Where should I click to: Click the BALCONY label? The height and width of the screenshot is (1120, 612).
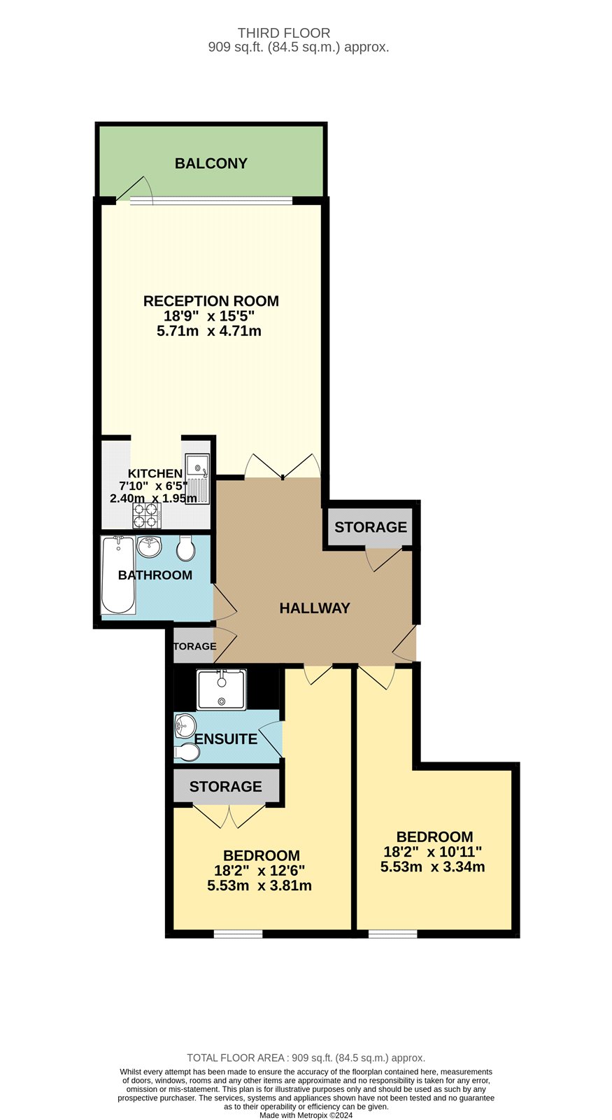coord(211,163)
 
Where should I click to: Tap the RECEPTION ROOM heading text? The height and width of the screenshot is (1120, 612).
coord(211,301)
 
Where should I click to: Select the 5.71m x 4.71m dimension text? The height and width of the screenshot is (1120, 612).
coord(209,331)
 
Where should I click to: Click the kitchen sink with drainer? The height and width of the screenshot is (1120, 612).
coord(199,479)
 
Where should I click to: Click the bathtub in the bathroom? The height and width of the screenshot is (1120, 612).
coord(118,575)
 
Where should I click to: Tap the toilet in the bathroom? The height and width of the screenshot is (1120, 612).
coord(186,550)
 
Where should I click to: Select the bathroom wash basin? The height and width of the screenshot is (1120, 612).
coord(149,545)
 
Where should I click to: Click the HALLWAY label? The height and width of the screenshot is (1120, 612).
coord(314,608)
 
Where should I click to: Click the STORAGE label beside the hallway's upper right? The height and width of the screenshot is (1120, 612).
coord(370,527)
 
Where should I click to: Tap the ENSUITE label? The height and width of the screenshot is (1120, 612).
coord(225,739)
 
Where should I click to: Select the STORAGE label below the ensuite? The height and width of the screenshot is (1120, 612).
coord(225,787)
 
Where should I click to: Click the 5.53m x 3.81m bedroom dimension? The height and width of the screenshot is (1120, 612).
coord(259,885)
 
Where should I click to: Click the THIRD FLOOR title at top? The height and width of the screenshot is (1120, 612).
coord(283,33)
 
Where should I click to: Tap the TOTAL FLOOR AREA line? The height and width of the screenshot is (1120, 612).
coord(306,1058)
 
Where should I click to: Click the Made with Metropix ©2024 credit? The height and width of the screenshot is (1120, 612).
coord(306,1115)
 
